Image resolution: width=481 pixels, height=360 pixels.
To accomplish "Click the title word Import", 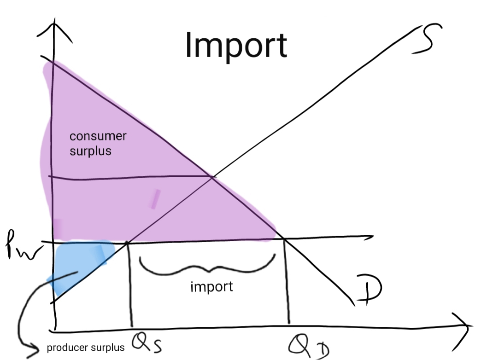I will [x=236, y=45].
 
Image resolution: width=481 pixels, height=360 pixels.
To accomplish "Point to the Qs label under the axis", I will [x=147, y=343].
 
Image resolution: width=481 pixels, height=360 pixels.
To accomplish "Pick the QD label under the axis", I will [x=306, y=345].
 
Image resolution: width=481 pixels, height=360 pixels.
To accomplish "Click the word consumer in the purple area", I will [x=98, y=136].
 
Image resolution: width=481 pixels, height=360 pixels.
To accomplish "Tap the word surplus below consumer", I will [x=90, y=151].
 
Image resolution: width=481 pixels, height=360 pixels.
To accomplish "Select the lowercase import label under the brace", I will [x=211, y=287].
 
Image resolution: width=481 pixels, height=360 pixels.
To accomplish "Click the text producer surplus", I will [x=85, y=348].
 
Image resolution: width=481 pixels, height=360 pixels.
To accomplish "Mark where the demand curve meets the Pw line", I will [x=282, y=238].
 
